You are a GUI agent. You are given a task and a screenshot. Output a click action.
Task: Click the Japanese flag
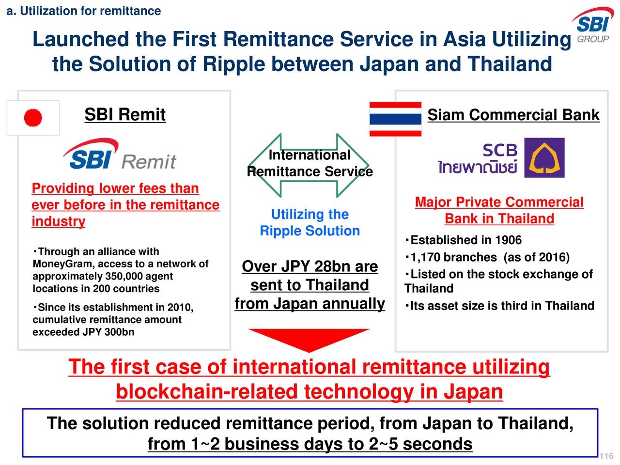click(33, 118)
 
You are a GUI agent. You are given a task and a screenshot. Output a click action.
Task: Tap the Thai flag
click(395, 119)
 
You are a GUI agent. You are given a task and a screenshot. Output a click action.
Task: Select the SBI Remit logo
click(120, 154)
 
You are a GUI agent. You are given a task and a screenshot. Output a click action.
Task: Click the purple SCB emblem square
click(544, 157)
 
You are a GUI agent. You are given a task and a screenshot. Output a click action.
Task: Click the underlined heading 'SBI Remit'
click(125, 114)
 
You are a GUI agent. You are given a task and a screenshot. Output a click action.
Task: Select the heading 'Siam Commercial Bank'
click(513, 115)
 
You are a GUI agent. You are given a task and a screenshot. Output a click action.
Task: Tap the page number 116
click(606, 456)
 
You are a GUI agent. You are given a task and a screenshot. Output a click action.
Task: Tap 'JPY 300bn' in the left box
click(109, 332)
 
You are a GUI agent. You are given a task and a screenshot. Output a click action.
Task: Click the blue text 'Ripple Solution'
click(310, 231)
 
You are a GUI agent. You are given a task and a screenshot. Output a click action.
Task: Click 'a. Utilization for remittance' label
click(84, 11)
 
